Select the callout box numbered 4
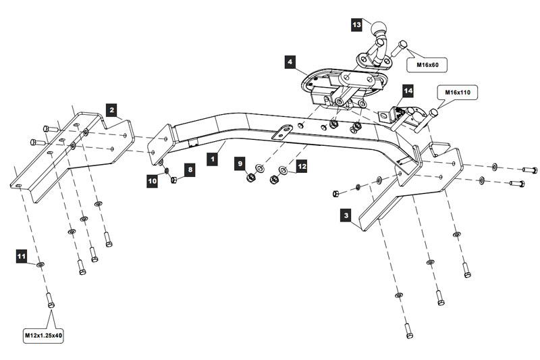click(x=290, y=62)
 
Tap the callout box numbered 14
click(x=408, y=89)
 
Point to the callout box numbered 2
click(x=111, y=107)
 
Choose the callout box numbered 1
click(x=213, y=159)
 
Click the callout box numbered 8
click(x=190, y=170)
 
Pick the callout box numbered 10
click(x=153, y=180)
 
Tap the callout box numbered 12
click(x=302, y=165)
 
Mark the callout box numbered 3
click(x=346, y=216)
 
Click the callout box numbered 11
click(x=22, y=256)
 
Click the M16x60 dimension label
click(x=427, y=65)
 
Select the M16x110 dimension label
click(x=458, y=92)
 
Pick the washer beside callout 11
click(x=41, y=263)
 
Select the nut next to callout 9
click(x=250, y=178)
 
